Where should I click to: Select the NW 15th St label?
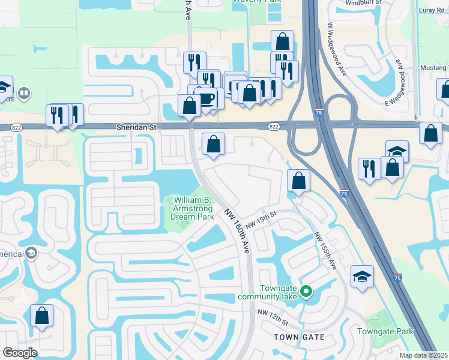[x=260, y=218]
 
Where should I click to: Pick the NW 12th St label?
[x=273, y=317]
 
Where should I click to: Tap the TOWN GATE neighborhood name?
[x=299, y=337]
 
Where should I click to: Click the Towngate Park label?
[x=385, y=331]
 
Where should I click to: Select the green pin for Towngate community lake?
[x=306, y=292]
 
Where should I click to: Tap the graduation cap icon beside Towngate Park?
[x=362, y=277]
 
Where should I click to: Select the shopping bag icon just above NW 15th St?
[x=298, y=180]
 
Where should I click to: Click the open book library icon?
[x=24, y=94]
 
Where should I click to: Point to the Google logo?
[x=19, y=353]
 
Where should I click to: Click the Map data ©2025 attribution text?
[x=423, y=355]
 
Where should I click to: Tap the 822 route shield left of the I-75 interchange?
[x=274, y=126]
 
